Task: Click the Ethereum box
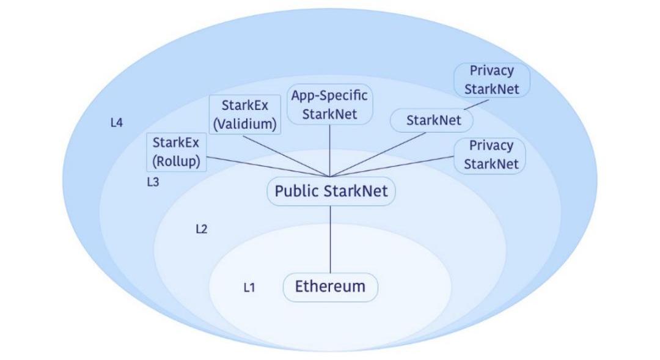331,287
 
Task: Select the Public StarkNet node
331,191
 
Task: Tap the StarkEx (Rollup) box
177,152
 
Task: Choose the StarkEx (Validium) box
244,115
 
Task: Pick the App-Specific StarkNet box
330,105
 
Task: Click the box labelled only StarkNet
431,120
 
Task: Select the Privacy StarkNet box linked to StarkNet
491,79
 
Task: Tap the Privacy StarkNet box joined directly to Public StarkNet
491,155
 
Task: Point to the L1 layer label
249,287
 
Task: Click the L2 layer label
202,229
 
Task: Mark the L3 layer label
153,182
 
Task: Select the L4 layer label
117,123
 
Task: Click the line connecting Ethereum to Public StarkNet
331,238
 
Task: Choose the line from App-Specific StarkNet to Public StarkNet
330,150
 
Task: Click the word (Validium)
244,125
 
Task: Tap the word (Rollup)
177,162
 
